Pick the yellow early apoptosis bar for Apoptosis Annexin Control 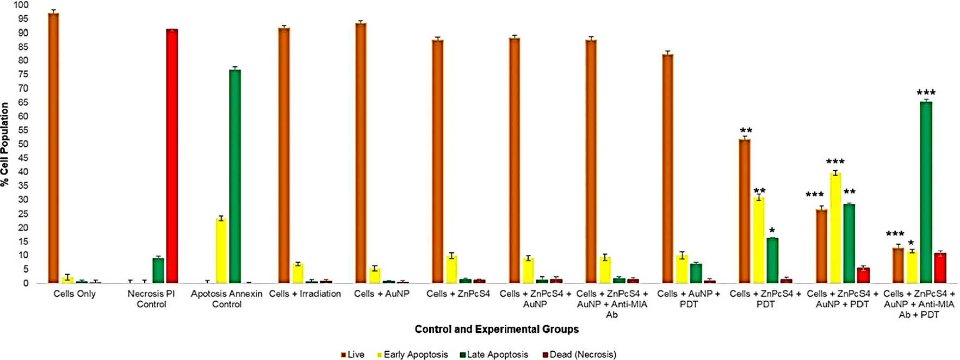pos(221,251)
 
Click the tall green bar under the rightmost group pos(925,193)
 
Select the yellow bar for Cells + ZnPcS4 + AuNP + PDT pos(835,228)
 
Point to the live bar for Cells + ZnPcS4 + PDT pos(744,212)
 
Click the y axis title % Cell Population pos(5,144)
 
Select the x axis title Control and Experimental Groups pos(496,329)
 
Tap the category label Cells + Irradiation pos(305,294)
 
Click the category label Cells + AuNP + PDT pos(688,299)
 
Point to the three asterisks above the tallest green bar pos(926,93)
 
